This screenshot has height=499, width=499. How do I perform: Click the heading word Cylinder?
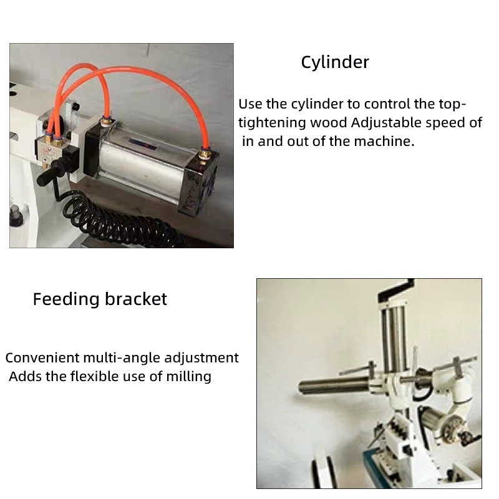[335, 62]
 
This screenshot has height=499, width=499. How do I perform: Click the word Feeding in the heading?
[66, 299]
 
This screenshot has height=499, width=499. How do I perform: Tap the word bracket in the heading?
[136, 299]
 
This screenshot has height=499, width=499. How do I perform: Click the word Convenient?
[42, 357]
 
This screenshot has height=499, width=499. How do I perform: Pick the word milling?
[189, 377]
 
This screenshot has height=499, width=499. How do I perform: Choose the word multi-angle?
[122, 358]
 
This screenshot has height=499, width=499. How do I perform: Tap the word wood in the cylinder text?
[329, 123]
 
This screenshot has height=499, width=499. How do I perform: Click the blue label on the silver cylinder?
[144, 144]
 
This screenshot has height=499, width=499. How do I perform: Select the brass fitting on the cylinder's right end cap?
[205, 154]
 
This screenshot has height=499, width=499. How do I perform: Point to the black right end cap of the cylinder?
[199, 182]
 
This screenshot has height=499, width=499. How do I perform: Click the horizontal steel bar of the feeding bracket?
[334, 385]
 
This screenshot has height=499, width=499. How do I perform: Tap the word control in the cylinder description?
[387, 104]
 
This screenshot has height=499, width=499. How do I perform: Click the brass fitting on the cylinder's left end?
[104, 122]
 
